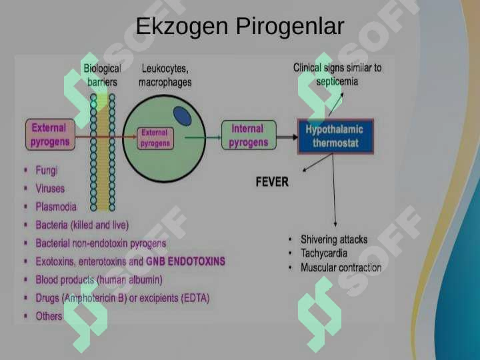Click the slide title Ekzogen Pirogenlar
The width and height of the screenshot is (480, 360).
coord(240,27)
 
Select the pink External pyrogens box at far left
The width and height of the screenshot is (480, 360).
coord(50,135)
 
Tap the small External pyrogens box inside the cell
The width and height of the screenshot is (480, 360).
coord(155,139)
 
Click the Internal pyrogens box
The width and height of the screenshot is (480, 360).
coord(249,135)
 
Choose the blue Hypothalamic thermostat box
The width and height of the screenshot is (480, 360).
coord(335,136)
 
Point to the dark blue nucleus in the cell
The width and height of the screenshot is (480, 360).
coord(183,116)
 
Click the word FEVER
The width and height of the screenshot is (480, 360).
coord(272,182)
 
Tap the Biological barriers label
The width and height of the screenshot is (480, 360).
coord(102,75)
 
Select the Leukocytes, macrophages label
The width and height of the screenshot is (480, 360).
coord(165,75)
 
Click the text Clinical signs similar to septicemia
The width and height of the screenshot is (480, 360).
coord(337,75)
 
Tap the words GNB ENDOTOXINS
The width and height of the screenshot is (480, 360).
coord(185,261)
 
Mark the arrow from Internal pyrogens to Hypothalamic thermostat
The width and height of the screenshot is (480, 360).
coord(287,137)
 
